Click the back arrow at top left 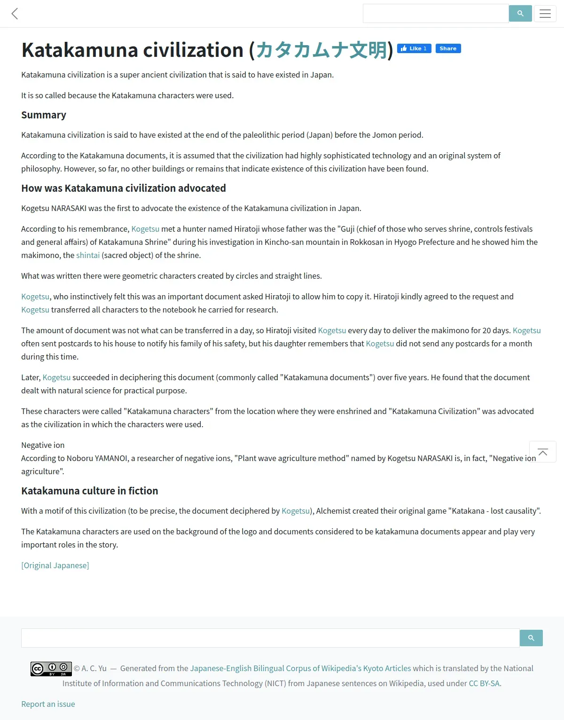point(15,14)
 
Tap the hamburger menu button point(545,14)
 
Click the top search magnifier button point(520,14)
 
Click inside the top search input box point(435,14)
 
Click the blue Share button point(448,48)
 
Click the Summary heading point(44,115)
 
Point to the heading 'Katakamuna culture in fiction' point(89,491)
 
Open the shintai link point(88,255)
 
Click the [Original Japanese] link point(55,565)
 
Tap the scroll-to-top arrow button point(542,452)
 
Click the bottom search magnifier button point(531,638)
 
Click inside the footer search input point(270,638)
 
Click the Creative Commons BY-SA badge point(51,668)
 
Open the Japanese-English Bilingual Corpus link point(300,668)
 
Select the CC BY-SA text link point(484,683)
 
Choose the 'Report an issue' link point(48,704)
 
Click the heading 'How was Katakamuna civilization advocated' point(124,188)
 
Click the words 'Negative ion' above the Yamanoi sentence point(43,445)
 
